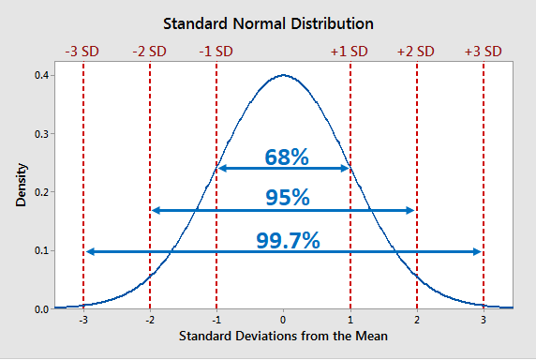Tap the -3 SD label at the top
click(x=83, y=51)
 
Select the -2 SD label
click(x=151, y=51)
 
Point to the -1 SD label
click(x=216, y=51)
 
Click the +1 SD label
click(x=350, y=51)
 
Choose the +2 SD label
click(x=416, y=51)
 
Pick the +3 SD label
click(x=483, y=51)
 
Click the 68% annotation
click(x=287, y=157)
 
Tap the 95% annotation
click(x=287, y=197)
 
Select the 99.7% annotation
click(x=288, y=239)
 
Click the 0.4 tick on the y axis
click(x=40, y=75)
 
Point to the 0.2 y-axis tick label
click(x=40, y=192)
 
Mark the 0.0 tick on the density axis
click(x=40, y=308)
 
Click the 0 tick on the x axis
click(x=283, y=319)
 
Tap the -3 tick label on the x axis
click(x=82, y=319)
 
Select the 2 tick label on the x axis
click(x=417, y=319)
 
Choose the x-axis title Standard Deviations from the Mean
click(x=283, y=336)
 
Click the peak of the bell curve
click(x=283, y=76)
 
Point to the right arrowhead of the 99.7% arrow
click(x=478, y=251)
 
